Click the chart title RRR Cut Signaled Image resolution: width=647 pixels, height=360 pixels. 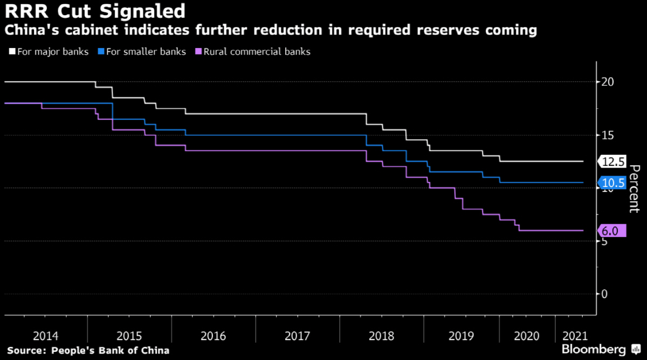95,10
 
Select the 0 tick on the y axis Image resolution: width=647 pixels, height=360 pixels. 605,294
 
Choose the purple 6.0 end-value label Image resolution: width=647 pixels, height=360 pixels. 612,231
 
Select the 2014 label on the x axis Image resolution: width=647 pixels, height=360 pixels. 45,336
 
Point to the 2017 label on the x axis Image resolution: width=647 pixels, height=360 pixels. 297,336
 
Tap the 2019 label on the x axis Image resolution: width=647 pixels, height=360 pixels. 461,336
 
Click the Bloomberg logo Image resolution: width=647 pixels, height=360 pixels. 594,349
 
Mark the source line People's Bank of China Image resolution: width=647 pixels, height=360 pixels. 88,350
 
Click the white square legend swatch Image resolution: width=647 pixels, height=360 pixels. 12,52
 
